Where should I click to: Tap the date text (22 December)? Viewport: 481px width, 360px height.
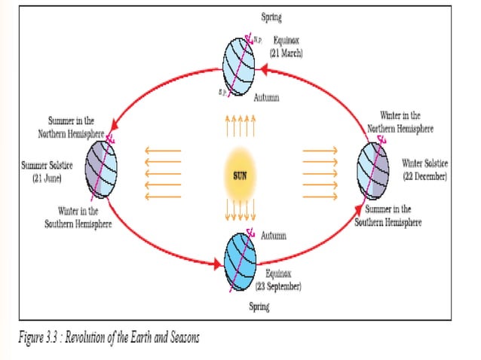(x=424, y=175)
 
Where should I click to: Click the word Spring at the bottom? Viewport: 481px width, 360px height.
(x=260, y=307)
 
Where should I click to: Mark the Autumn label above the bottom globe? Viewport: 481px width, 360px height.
(x=273, y=236)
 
